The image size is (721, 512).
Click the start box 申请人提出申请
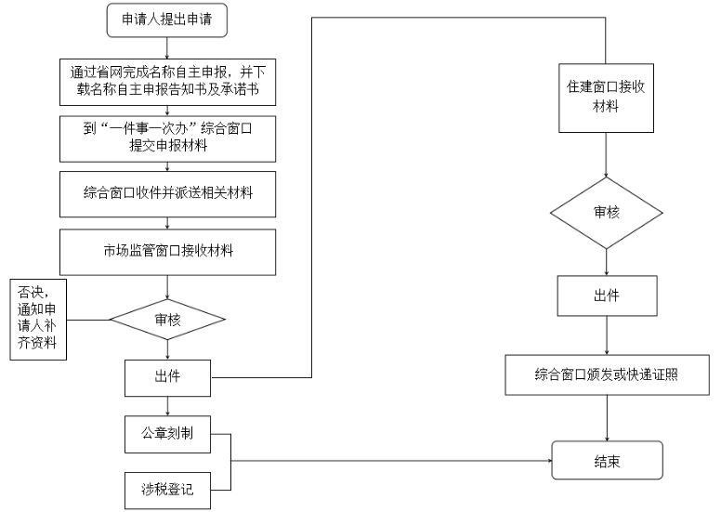coord(167,20)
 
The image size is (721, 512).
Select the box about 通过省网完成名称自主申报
coord(167,82)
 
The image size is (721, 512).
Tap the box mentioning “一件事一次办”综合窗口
coord(167,138)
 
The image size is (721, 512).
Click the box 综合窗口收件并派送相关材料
coord(167,194)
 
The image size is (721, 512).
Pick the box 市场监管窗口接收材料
coord(167,252)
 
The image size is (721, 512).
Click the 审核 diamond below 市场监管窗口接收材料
coord(167,320)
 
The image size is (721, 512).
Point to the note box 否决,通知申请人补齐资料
coord(38,320)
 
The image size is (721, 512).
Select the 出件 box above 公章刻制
coord(167,377)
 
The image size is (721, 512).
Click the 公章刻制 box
coord(167,434)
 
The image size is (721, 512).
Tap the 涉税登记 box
coord(167,491)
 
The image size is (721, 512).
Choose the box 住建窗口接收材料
coord(606,98)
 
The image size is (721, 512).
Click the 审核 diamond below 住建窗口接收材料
coord(606,213)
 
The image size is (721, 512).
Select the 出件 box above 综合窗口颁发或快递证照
coord(607,295)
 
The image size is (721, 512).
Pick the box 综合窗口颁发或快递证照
coord(607,374)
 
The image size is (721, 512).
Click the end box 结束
coord(607,460)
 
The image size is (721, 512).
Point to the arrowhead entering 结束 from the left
coord(549,461)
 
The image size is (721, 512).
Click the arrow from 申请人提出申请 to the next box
coord(167,47)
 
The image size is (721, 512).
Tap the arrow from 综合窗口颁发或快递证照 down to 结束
coord(607,418)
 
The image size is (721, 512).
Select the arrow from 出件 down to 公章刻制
coord(167,406)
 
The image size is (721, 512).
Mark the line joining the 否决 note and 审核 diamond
coord(88,320)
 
